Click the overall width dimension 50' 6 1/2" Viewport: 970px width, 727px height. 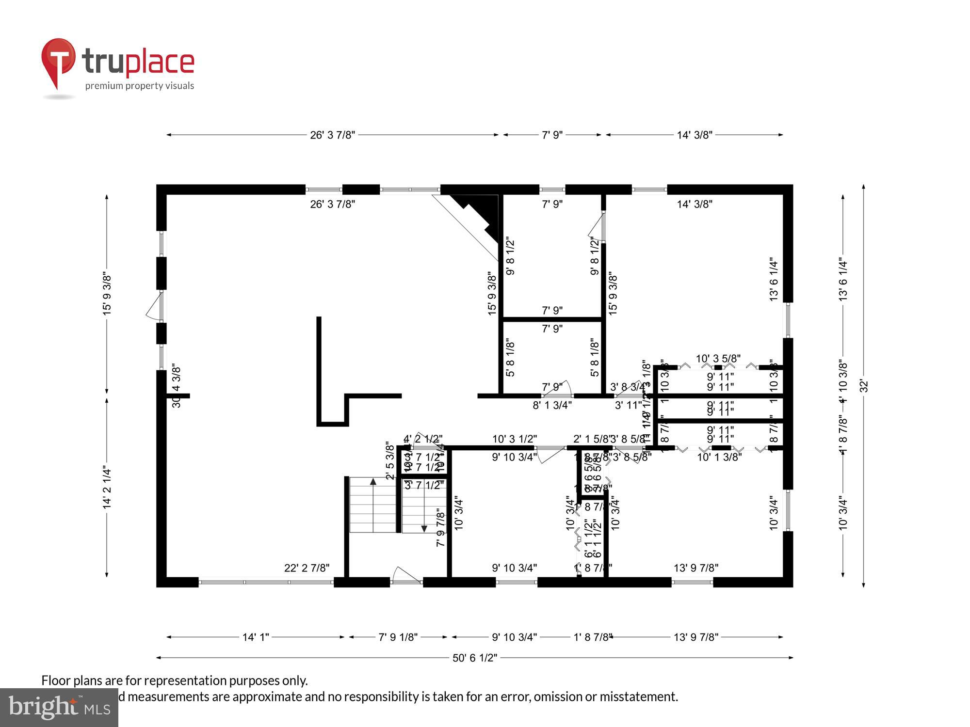(x=475, y=658)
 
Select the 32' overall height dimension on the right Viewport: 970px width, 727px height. (x=864, y=386)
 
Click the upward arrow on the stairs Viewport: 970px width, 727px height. (x=373, y=482)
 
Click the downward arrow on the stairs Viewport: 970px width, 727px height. (x=424, y=529)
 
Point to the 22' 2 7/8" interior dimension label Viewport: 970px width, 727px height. (x=307, y=568)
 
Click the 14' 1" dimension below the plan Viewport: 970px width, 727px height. (x=256, y=637)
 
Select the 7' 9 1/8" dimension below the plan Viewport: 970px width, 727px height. (x=398, y=637)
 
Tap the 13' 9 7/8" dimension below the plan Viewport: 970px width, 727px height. (x=696, y=637)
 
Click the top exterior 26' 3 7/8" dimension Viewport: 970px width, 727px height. (x=333, y=135)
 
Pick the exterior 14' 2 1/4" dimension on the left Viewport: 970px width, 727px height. (x=107, y=488)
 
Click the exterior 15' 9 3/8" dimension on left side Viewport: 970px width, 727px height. (x=107, y=294)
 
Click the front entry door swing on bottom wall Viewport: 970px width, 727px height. (x=405, y=575)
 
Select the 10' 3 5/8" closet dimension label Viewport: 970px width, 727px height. (x=718, y=359)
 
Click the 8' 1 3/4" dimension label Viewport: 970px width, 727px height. (x=552, y=405)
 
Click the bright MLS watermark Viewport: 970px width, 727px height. (x=59, y=708)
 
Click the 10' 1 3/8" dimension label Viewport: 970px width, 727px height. (x=719, y=457)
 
